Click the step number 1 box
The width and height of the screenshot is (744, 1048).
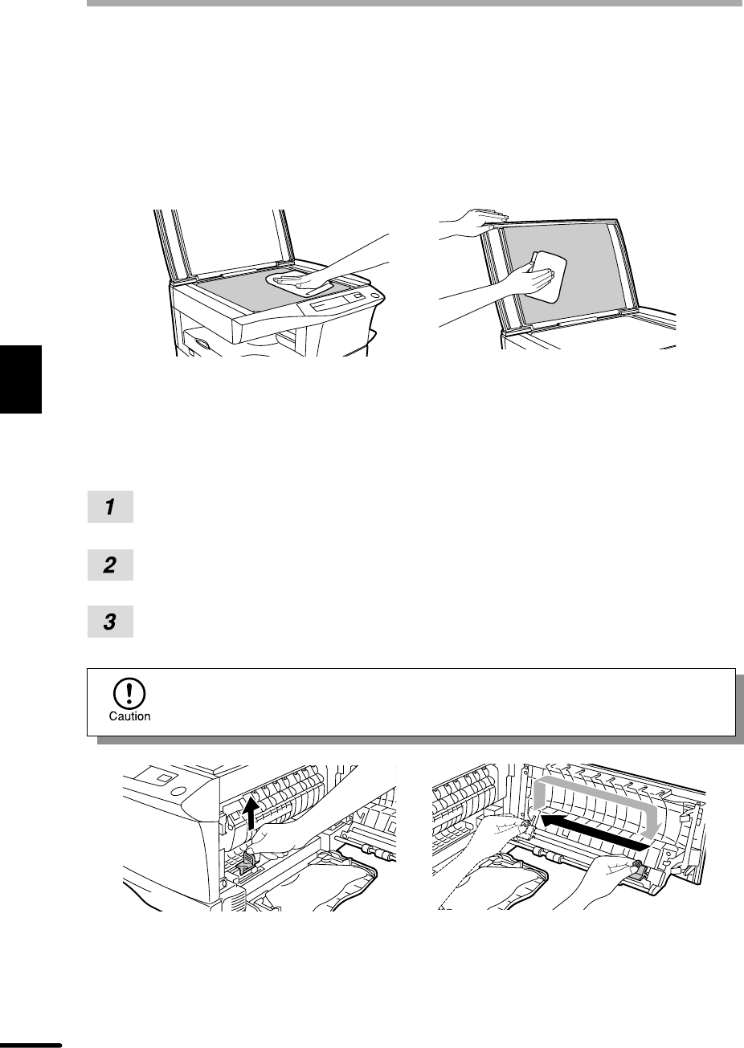110,506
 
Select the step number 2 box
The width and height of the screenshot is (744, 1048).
110,565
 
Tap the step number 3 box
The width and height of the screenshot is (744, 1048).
110,622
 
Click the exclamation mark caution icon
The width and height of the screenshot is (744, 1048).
129,693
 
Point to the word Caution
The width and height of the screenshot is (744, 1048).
129,716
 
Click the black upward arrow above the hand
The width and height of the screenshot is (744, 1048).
252,814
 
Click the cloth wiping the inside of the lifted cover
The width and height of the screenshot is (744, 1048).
545,276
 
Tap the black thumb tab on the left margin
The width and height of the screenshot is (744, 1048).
21,379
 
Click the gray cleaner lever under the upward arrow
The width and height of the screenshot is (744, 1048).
248,862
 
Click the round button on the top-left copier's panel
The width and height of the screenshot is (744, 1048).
374,296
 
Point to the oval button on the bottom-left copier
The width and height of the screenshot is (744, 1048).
178,789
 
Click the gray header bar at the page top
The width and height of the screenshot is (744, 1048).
415,3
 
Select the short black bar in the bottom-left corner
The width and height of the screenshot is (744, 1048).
31,1045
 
